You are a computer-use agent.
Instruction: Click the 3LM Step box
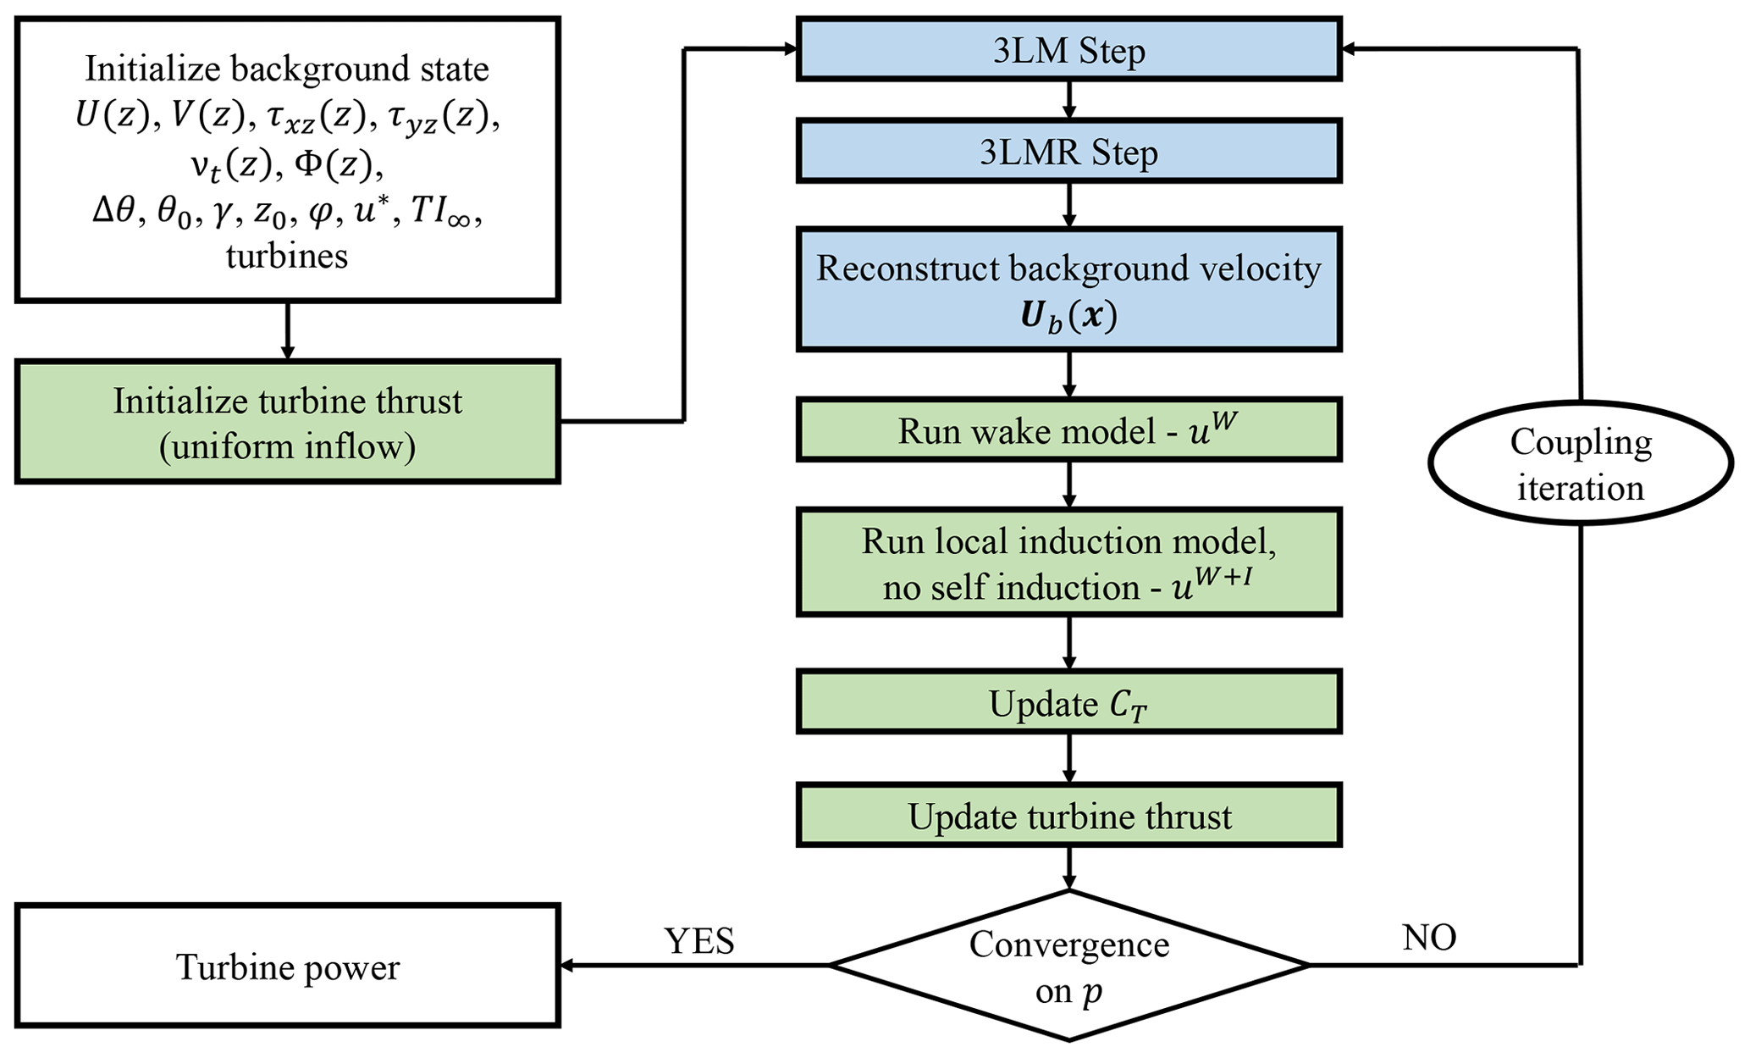coord(1068,50)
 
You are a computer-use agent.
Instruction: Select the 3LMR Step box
coord(1068,152)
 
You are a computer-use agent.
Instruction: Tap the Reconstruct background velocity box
coord(1068,290)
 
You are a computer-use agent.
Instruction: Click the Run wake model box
coord(1068,430)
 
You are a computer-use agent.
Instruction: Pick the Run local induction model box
coord(1068,562)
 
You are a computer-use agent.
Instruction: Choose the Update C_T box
coord(1068,703)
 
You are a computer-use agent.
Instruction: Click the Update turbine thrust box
coord(1068,816)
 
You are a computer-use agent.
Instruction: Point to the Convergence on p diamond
coord(1068,966)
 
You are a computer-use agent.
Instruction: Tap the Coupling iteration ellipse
coord(1580,464)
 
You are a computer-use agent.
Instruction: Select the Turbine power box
coord(288,967)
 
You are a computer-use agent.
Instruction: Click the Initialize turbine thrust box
coord(288,422)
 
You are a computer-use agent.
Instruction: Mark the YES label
coord(699,941)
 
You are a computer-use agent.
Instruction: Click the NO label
coord(1429,938)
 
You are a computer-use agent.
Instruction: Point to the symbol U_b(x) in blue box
coord(1068,317)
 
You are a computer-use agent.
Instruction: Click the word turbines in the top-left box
coord(287,255)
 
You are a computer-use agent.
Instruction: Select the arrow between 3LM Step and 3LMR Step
coord(1068,100)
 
